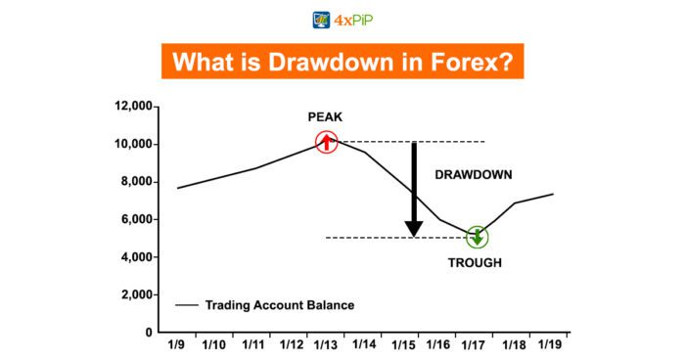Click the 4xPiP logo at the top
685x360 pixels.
342,19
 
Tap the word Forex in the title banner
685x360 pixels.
471,61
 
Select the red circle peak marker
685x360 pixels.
327,143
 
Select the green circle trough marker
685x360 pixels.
477,237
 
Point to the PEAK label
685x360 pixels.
326,116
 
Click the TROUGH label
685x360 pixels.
477,263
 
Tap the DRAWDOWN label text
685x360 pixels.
474,175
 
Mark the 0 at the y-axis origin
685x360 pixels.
149,333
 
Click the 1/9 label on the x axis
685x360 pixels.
178,346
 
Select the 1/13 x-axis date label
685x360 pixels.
327,346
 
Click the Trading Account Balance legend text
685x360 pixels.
279,305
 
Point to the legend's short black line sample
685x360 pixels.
187,305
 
